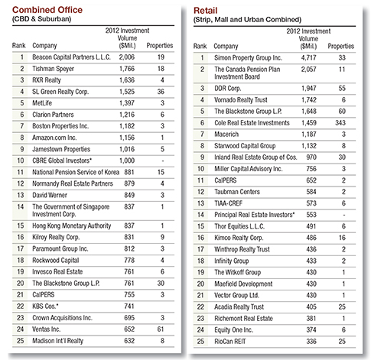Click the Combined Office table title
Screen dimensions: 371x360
(x=47, y=10)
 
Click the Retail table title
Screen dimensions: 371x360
(x=205, y=11)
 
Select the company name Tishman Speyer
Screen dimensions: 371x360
(x=53, y=69)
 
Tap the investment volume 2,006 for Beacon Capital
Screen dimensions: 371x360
(x=127, y=57)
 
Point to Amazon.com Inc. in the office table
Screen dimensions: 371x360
(x=54, y=138)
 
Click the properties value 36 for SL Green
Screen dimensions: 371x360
(x=161, y=92)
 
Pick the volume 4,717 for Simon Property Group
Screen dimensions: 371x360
(x=308, y=58)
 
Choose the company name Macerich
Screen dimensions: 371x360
(x=226, y=135)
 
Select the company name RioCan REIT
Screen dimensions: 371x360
(x=230, y=342)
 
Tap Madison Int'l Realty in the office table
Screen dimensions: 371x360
(x=57, y=341)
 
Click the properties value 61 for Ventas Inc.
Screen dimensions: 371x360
(x=161, y=329)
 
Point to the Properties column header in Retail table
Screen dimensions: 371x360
(x=341, y=46)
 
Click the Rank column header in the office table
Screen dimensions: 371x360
(x=19, y=46)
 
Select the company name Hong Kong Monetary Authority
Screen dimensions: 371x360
(x=72, y=225)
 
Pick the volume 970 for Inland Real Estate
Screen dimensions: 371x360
(x=311, y=157)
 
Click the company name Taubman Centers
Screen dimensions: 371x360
(x=237, y=192)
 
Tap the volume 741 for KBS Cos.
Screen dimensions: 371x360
(x=129, y=306)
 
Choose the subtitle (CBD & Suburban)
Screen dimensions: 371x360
(x=41, y=19)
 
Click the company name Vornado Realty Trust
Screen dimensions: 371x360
(x=241, y=100)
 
